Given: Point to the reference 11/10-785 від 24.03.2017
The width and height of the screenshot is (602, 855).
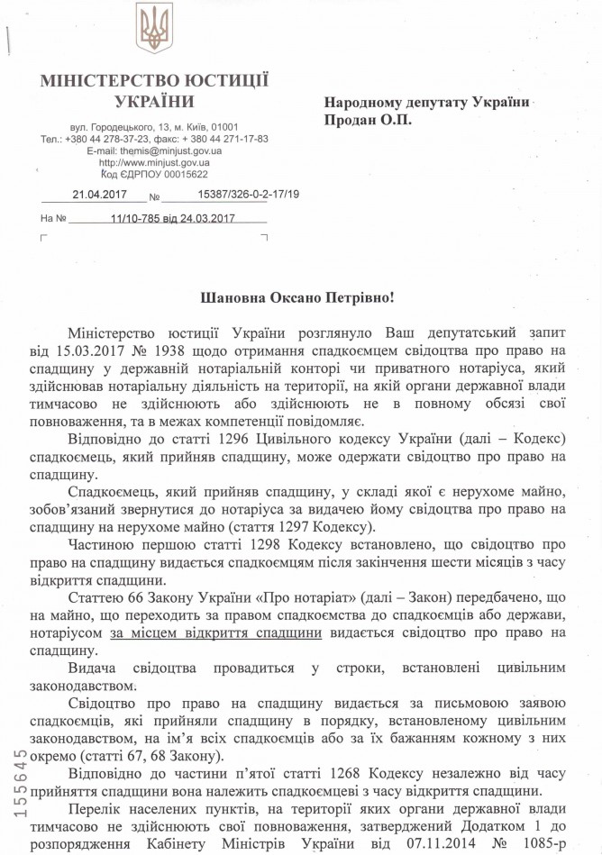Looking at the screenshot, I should pos(170,218).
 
